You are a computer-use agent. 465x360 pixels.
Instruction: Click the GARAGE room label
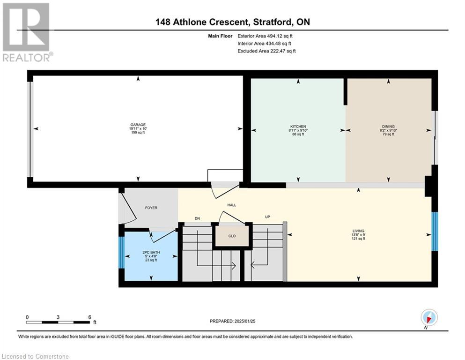[138, 125]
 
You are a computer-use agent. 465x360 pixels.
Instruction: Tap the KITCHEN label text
[298, 127]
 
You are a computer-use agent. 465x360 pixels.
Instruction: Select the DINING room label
[388, 127]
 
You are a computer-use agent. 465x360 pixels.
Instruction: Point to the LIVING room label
[358, 231]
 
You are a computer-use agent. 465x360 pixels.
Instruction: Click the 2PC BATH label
[151, 253]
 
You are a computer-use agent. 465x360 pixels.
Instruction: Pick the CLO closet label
[232, 236]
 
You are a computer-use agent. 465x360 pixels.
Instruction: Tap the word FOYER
[151, 208]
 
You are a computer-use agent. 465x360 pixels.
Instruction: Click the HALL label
[232, 205]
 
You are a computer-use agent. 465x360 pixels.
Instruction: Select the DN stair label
[197, 218]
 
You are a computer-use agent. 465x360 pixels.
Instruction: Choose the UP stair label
[267, 217]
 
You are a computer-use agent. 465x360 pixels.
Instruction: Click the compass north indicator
[429, 318]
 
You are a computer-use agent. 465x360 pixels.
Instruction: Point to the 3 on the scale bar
[58, 317]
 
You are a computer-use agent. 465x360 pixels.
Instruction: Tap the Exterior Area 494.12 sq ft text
[265, 36]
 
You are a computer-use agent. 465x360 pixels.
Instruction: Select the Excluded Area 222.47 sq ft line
[266, 51]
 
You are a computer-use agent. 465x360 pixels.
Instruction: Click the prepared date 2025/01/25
[244, 321]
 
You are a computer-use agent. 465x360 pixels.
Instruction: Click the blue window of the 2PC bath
[122, 253]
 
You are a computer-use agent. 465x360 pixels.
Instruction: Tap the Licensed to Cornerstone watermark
[35, 356]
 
